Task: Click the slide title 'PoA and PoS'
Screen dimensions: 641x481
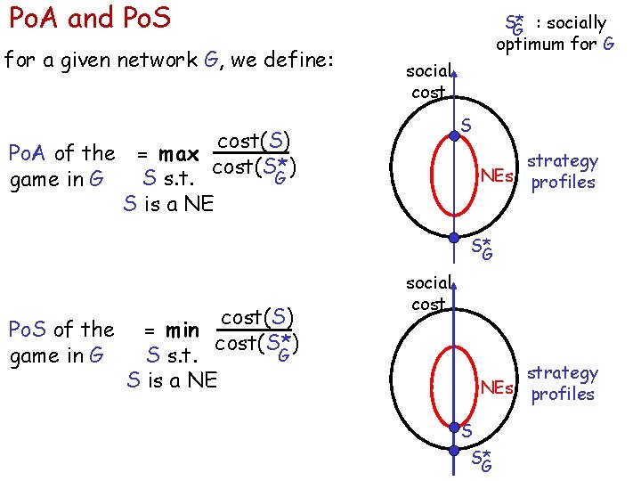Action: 88,18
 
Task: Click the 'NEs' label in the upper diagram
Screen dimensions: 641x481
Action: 497,175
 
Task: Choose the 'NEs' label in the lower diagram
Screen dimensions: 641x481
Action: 497,387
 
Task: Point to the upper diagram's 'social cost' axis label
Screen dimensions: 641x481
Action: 429,81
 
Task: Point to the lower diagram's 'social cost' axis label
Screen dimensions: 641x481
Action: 429,293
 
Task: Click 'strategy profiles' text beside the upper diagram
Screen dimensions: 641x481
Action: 563,172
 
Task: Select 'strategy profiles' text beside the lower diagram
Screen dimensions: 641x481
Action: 563,384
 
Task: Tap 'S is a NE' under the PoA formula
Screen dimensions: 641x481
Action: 168,203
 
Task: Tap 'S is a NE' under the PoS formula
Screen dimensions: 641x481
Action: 172,380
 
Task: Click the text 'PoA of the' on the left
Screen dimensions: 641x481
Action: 61,153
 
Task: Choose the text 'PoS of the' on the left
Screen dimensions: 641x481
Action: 61,330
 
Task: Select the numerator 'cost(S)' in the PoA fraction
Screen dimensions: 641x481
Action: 255,140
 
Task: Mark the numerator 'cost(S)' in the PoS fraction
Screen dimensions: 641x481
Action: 256,318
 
